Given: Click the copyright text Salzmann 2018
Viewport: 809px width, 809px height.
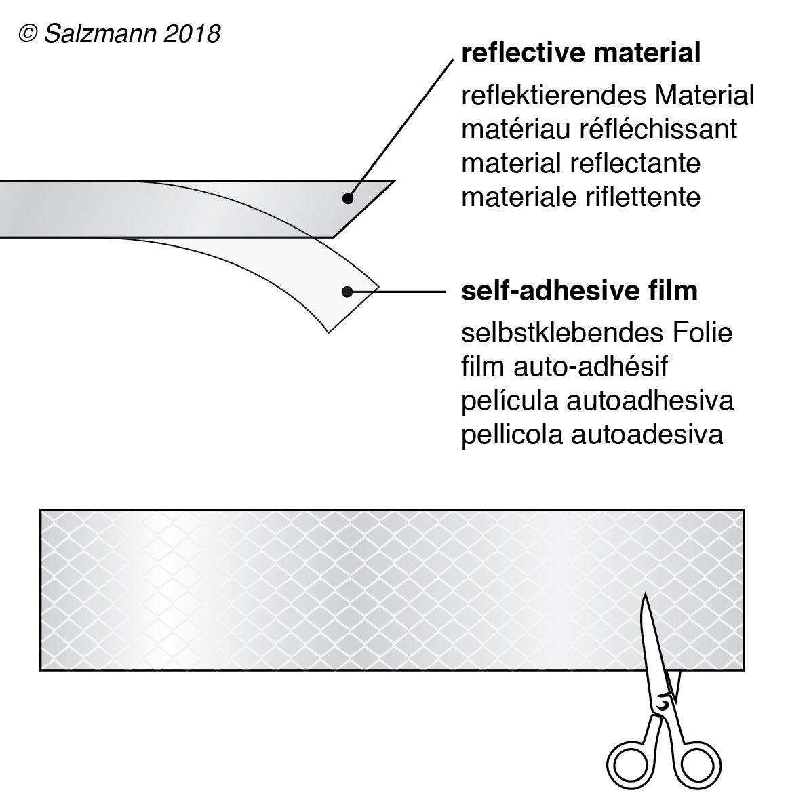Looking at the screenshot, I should (x=120, y=34).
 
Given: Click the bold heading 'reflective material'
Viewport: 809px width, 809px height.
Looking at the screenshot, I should (x=580, y=53).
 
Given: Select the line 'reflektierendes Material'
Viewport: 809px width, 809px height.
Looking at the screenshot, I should (x=607, y=96).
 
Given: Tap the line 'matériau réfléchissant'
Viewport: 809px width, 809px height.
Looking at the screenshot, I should (x=599, y=129).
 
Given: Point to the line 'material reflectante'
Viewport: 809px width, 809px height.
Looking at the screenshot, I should (x=580, y=163).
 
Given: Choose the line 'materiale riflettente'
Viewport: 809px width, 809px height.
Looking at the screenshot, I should (x=580, y=197).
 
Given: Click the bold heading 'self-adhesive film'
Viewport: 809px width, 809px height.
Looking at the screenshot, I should (x=579, y=291).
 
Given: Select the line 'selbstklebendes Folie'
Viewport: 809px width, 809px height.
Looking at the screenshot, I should (x=597, y=334).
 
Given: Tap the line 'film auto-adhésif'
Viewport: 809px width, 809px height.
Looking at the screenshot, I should (x=564, y=367).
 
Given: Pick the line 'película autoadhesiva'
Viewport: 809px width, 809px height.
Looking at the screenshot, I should (x=597, y=401).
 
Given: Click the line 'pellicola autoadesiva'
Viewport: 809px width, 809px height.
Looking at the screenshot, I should (x=592, y=435).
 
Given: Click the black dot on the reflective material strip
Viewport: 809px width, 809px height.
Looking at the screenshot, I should (x=347, y=199).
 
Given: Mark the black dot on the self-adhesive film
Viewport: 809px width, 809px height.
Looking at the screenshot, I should (x=347, y=292).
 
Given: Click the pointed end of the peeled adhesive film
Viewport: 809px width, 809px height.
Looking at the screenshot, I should (x=378, y=286).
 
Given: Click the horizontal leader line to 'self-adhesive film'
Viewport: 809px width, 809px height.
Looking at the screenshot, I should (x=410, y=292).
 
